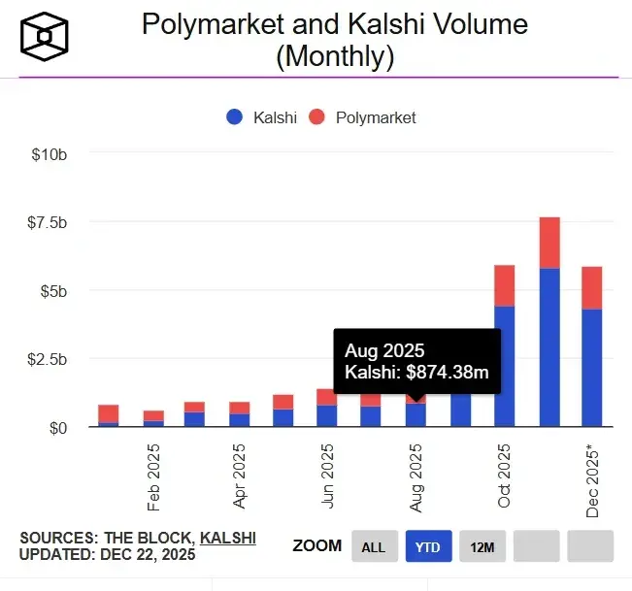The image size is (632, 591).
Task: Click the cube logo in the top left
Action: coord(43,37)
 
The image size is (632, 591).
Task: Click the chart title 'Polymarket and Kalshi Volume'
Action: coord(335,24)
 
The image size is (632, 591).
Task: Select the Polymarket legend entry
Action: coord(362,117)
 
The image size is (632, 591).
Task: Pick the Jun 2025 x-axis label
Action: coord(328,476)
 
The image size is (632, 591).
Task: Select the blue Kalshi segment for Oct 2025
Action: coord(504,366)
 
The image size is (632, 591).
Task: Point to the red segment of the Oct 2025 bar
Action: coord(504,285)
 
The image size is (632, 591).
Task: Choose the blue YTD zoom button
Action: coord(428,547)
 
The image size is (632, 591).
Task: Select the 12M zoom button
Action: coord(482,547)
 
